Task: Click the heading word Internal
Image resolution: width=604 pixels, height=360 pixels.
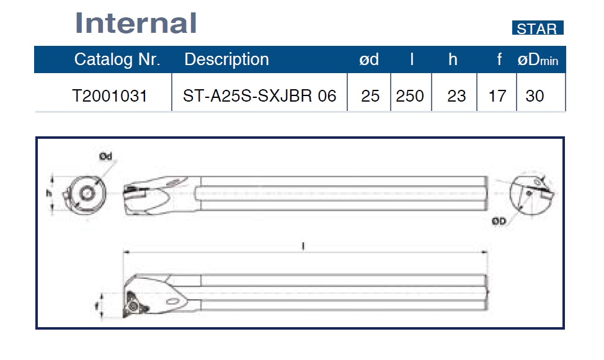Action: pos(136,23)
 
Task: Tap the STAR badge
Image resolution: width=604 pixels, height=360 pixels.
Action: pos(538,28)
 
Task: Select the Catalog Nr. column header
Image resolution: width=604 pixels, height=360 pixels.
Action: pos(117,59)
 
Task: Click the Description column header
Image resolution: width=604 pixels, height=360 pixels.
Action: pos(226,59)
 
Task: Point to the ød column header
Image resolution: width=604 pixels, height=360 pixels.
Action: pos(369,59)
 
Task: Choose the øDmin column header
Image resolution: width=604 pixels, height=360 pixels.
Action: pos(538,59)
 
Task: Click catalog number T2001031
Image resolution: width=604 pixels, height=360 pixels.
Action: pos(110,96)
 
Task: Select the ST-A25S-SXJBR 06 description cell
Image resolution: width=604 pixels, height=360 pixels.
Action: pos(260,96)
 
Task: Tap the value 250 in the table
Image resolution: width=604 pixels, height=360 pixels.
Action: pos(410,96)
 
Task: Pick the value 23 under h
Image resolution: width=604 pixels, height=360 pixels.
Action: pos(456,96)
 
